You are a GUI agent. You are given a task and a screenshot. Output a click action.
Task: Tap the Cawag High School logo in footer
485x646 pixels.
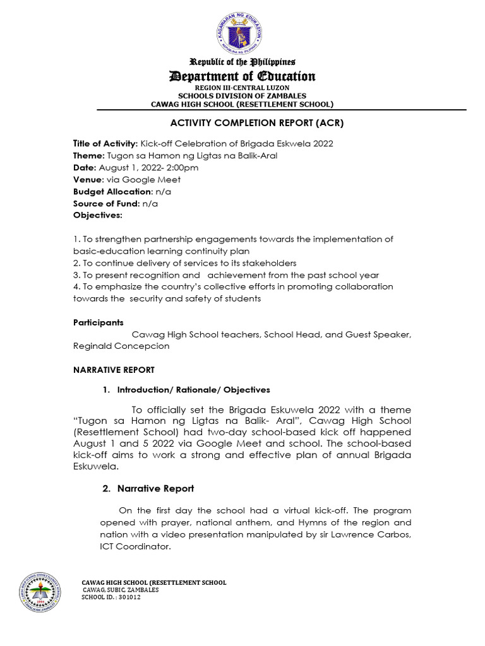(40, 590)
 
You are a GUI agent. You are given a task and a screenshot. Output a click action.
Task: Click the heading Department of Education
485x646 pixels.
(243, 76)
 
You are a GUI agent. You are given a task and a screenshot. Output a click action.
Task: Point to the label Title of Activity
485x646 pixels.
(105, 143)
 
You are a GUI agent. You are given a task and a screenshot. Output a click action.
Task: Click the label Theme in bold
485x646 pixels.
(88, 155)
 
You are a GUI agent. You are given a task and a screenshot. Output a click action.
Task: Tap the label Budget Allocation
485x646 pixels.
(113, 191)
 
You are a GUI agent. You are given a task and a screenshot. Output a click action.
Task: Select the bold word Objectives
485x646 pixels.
(98, 215)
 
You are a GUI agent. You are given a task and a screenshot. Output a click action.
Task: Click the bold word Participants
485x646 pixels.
(99, 322)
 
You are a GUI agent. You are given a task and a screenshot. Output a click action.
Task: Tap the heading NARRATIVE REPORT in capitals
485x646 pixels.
(114, 370)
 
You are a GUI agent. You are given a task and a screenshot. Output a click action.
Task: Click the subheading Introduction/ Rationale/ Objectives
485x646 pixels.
(193, 390)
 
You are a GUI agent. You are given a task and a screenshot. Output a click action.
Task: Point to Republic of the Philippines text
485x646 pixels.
(243, 62)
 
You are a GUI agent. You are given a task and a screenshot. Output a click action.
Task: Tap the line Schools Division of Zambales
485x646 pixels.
(242, 95)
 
